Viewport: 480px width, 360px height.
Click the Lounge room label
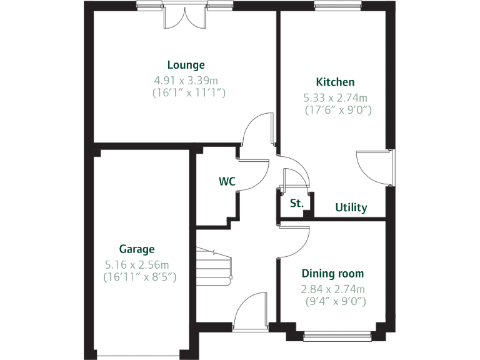(186, 65)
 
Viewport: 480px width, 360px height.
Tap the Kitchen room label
(335, 82)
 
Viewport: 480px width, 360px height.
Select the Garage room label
(137, 249)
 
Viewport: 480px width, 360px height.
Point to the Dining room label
(332, 274)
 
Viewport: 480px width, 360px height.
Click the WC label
(227, 182)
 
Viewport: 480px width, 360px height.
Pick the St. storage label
(296, 203)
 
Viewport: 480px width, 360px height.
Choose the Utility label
(351, 207)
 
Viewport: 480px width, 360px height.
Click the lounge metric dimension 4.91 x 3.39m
(186, 80)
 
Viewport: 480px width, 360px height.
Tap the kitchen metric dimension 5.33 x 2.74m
(335, 97)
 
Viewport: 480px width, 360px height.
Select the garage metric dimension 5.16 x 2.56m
(137, 264)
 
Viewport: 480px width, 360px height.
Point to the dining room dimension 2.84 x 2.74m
(332, 289)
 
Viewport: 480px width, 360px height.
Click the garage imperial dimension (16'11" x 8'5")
(140, 276)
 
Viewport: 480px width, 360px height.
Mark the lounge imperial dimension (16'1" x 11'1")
(189, 92)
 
